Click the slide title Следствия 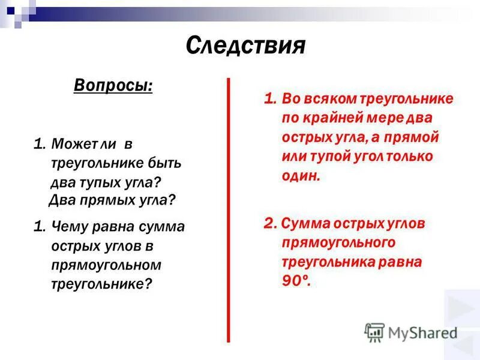tap(245, 45)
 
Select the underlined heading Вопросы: tap(113, 85)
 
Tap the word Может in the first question tap(70, 145)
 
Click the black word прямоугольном tap(106, 265)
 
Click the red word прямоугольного tap(338, 242)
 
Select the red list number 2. tap(268, 224)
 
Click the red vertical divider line tap(229, 210)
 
